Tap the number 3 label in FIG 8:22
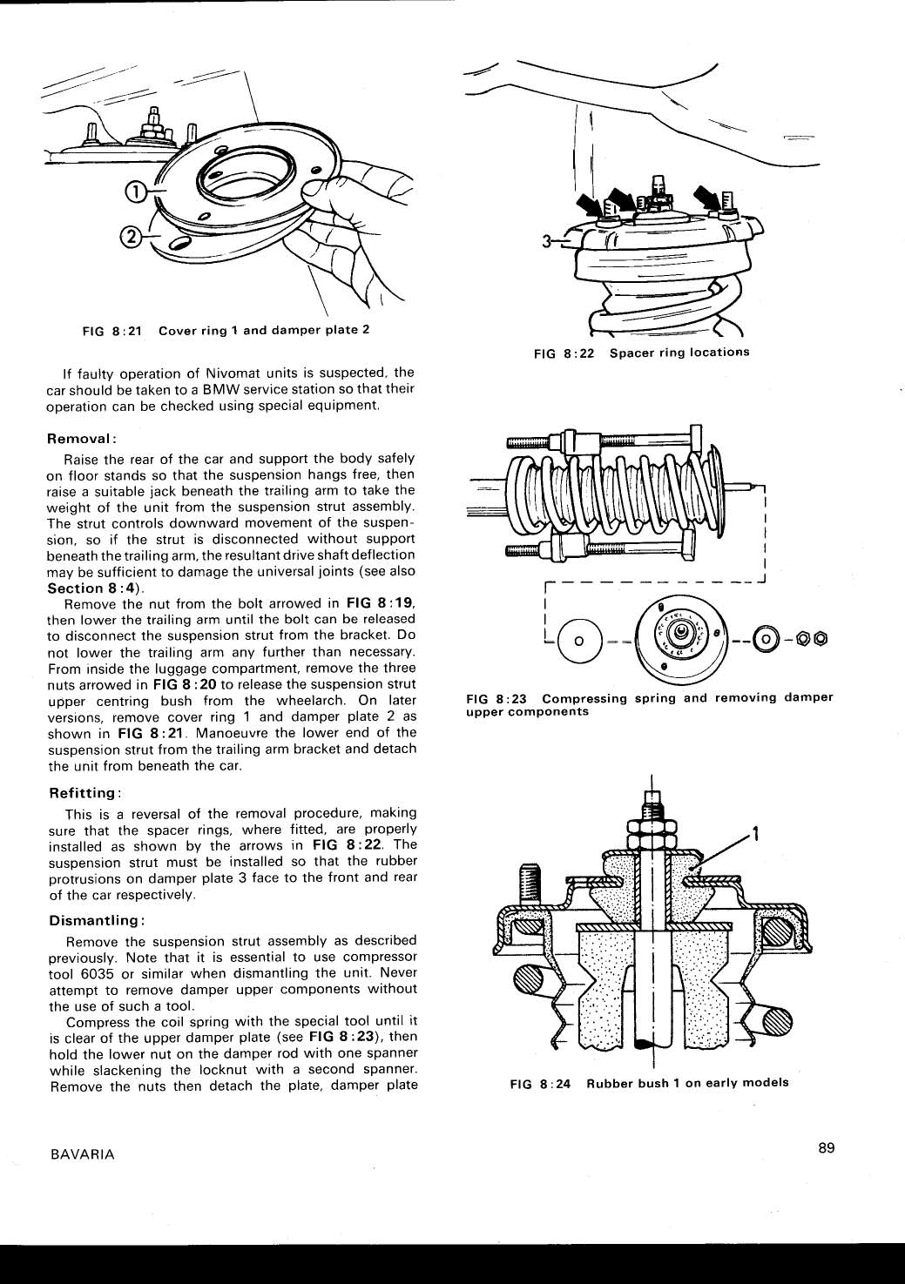pyautogui.click(x=547, y=244)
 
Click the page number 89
pyautogui.click(x=827, y=1147)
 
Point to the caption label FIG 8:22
pyautogui.click(x=564, y=353)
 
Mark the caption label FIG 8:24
pyautogui.click(x=540, y=1083)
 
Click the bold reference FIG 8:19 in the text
pyautogui.click(x=381, y=603)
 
